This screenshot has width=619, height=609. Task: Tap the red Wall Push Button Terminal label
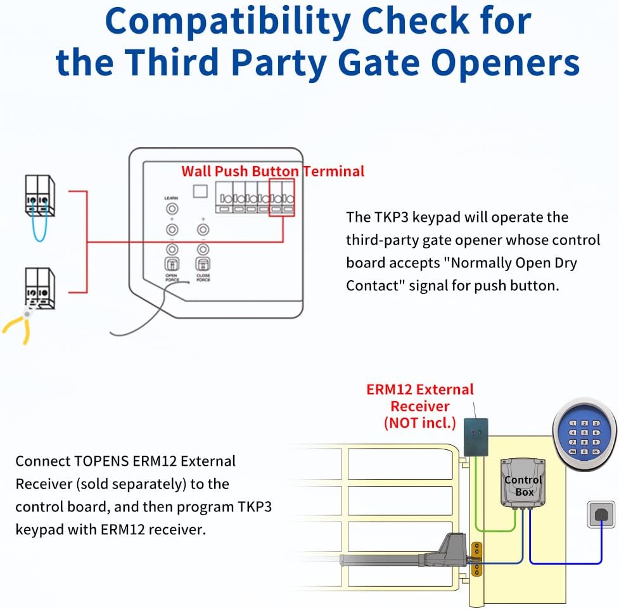(272, 171)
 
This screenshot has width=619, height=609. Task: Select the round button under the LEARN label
(171, 208)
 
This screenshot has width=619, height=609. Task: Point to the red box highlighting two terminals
(282, 198)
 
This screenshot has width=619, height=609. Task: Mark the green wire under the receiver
(501, 530)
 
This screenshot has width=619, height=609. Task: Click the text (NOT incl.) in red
(420, 423)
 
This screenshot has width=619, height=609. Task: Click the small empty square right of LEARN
(201, 191)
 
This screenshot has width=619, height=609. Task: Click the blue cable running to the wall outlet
(564, 564)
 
